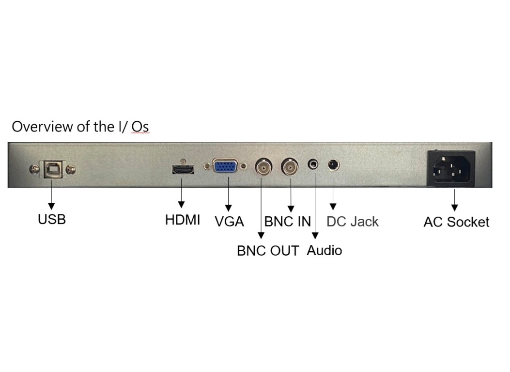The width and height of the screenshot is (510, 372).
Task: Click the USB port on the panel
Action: (52, 169)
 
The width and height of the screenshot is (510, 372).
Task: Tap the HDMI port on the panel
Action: (183, 170)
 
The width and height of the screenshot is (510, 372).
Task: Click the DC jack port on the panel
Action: (333, 165)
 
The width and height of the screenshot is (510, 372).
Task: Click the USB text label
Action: (52, 219)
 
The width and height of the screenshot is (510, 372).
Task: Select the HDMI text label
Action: (183, 220)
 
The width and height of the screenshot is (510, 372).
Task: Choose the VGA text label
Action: (230, 222)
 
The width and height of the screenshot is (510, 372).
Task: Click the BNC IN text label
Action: (288, 222)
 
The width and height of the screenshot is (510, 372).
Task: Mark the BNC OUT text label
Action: (268, 251)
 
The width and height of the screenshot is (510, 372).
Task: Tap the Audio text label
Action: (325, 251)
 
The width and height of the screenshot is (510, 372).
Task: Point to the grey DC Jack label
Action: (353, 222)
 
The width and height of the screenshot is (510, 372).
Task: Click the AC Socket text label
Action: (456, 222)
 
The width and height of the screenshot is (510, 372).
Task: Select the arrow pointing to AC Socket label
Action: (455, 200)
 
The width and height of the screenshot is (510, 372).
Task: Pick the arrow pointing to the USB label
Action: (51, 200)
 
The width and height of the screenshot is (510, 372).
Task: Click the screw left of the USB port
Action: (34, 169)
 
